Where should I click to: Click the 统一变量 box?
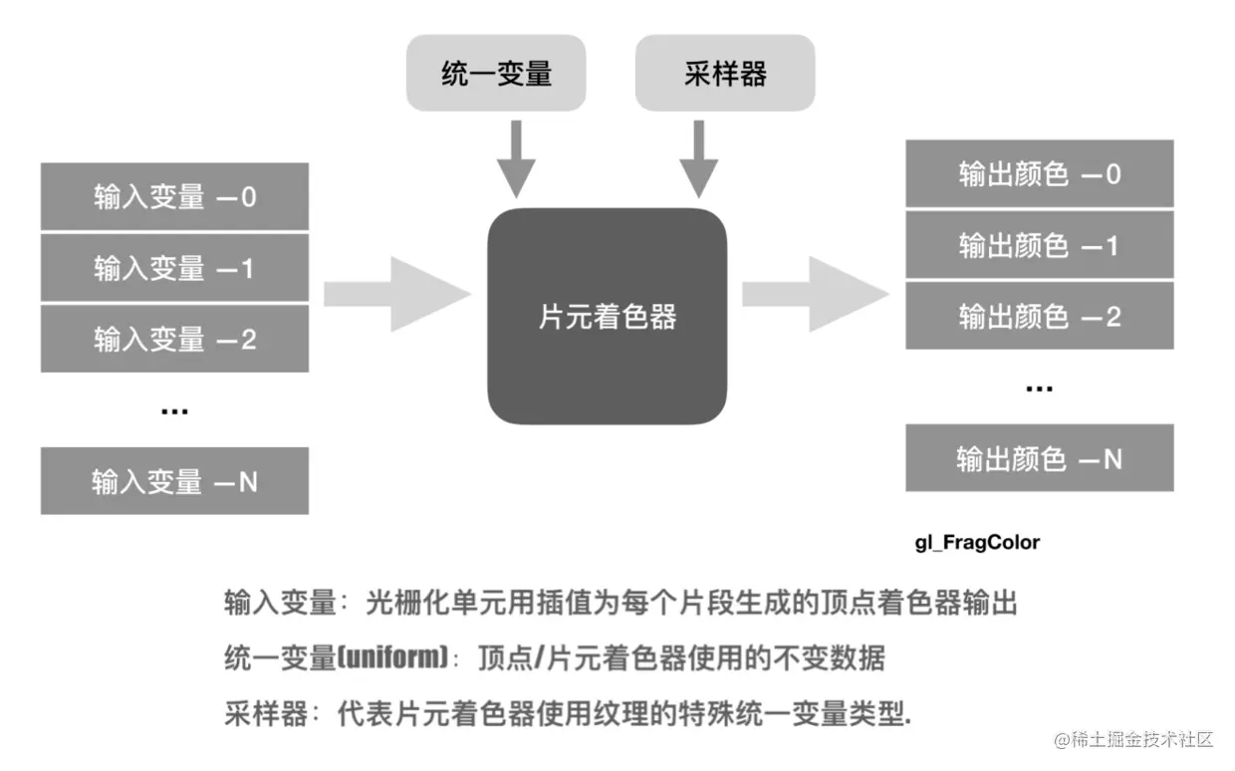(x=496, y=73)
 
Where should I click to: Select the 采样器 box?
(x=725, y=73)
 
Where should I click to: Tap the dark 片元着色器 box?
(x=607, y=316)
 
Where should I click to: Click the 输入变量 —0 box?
(x=174, y=196)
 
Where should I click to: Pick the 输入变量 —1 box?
(x=174, y=268)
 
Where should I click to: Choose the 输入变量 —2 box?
(x=174, y=339)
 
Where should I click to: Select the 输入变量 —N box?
(x=174, y=481)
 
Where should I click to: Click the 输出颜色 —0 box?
(x=1039, y=173)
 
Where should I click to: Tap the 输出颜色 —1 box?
(x=1039, y=245)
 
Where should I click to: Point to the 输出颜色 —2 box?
(x=1039, y=316)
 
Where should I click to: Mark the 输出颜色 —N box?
(x=1039, y=458)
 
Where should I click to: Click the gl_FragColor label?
(x=977, y=543)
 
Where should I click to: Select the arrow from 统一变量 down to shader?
(x=516, y=158)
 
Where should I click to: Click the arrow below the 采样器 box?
(x=698, y=158)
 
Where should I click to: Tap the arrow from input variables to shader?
(x=397, y=294)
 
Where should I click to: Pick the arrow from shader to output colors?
(x=816, y=294)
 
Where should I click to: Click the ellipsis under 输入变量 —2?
(x=174, y=411)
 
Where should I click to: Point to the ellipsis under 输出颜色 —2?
(x=1039, y=388)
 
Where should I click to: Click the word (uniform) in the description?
(x=392, y=656)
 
